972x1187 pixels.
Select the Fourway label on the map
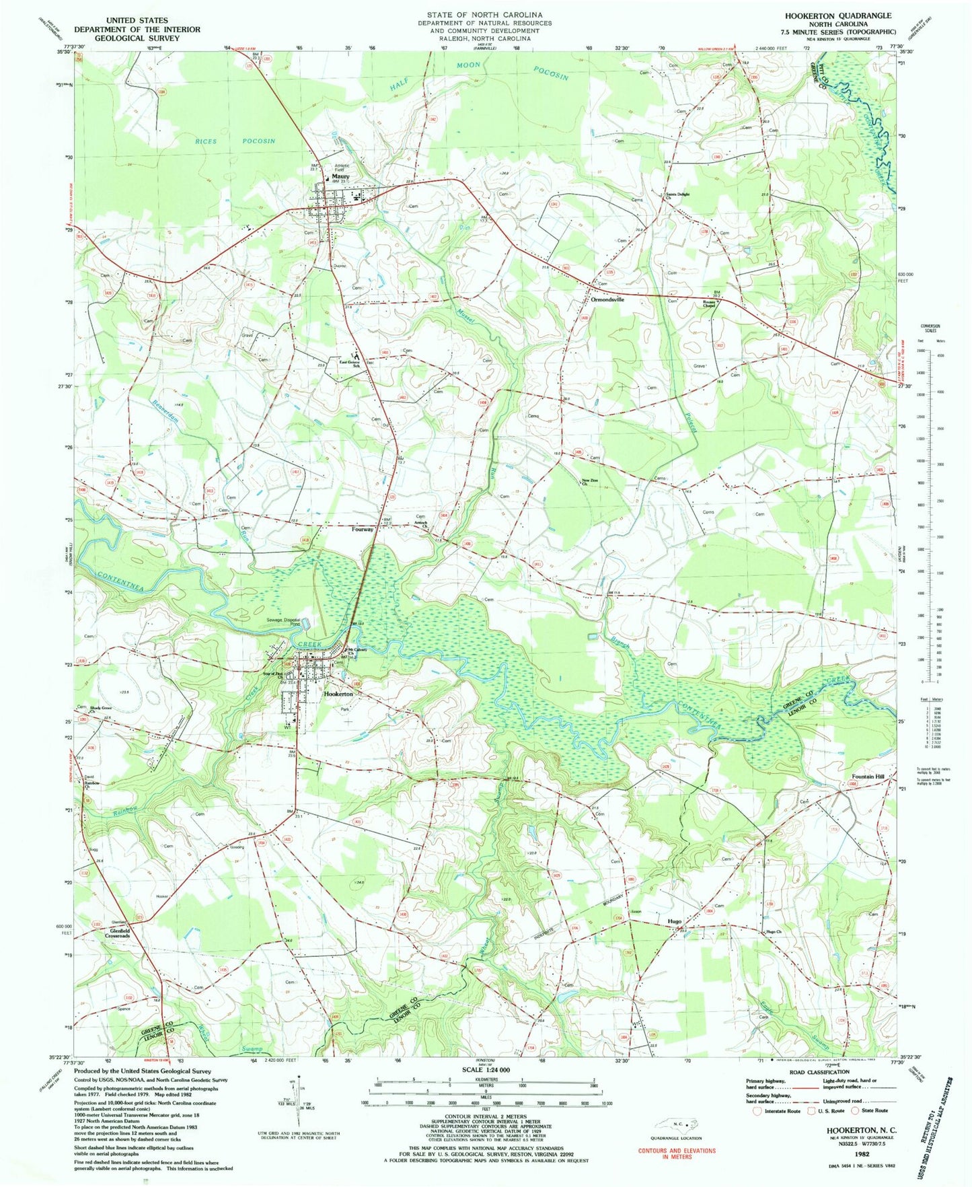[x=363, y=529]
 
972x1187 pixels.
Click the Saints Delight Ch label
[x=678, y=196]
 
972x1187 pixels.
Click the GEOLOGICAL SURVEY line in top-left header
[x=137, y=38]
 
